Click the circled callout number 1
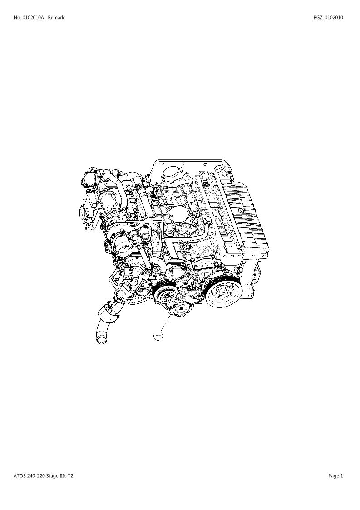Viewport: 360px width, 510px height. coord(158,335)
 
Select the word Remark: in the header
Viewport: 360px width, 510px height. coord(57,18)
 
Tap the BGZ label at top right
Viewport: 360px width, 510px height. coord(318,18)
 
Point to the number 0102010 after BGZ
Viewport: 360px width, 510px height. coord(334,18)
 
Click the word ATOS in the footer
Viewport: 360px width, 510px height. coord(19,476)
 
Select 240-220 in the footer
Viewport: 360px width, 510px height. coord(35,476)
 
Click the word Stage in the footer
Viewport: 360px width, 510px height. coord(52,476)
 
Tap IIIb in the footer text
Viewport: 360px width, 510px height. coord(63,476)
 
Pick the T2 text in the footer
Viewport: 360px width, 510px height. coord(70,476)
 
